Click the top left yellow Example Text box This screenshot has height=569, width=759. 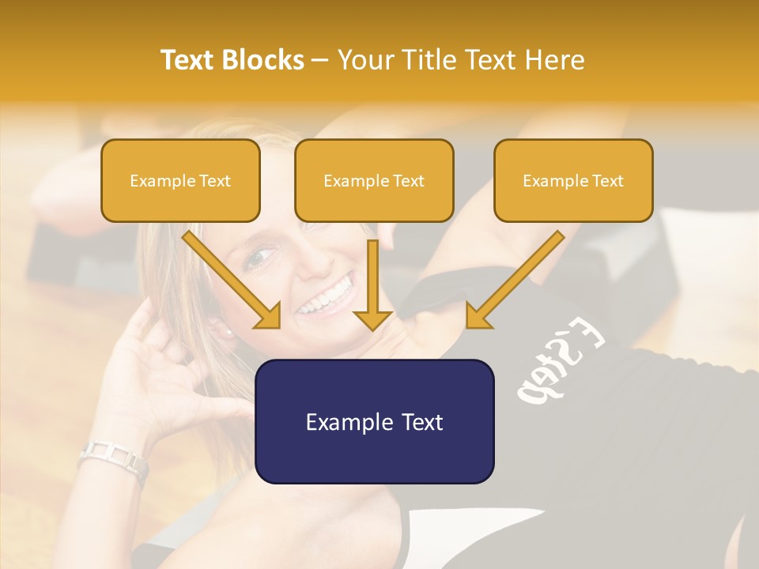(180, 180)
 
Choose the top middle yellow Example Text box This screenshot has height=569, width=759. (374, 180)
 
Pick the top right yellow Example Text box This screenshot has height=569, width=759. (573, 180)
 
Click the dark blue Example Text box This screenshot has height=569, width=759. (374, 421)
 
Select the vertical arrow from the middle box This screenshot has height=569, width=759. (372, 284)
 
